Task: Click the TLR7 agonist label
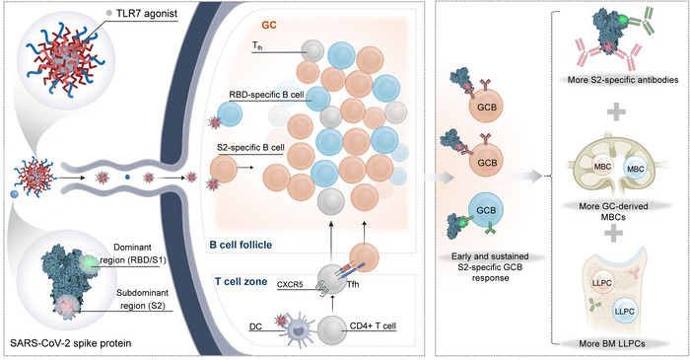coord(147,13)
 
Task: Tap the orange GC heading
coord(269,25)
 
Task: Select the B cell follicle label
coord(241,245)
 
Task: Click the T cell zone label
coord(241,281)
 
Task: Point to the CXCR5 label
coord(291,284)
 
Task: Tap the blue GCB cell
coord(486,210)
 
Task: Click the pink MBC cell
coord(602,168)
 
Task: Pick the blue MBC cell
coord(635,169)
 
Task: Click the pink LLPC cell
coord(601,283)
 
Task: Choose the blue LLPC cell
coord(624,311)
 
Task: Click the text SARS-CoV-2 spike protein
coord(69,343)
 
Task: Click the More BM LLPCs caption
coord(612,344)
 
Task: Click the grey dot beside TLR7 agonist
coord(109,14)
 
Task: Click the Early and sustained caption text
coord(490,256)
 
